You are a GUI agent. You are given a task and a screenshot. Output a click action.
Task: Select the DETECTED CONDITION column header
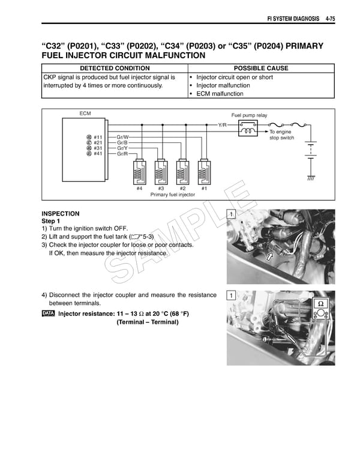111,68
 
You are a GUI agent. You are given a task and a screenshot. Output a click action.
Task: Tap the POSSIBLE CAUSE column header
261,68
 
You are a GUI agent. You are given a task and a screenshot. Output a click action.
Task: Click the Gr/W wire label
122,137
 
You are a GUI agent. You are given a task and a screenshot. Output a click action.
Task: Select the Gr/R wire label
122,154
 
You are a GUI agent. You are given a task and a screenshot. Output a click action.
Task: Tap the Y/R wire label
222,125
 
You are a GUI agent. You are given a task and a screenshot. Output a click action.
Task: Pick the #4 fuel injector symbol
139,174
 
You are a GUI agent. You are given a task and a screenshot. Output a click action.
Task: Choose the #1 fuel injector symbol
204,174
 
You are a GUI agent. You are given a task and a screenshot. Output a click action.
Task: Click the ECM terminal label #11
98,137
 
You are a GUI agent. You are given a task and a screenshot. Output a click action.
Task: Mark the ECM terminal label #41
98,154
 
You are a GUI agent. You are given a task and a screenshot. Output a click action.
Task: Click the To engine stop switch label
281,135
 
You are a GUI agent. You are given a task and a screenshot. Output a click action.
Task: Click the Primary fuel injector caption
173,195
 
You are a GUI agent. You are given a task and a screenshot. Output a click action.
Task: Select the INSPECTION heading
60,214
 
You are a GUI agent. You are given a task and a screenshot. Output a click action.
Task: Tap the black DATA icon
48,313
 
